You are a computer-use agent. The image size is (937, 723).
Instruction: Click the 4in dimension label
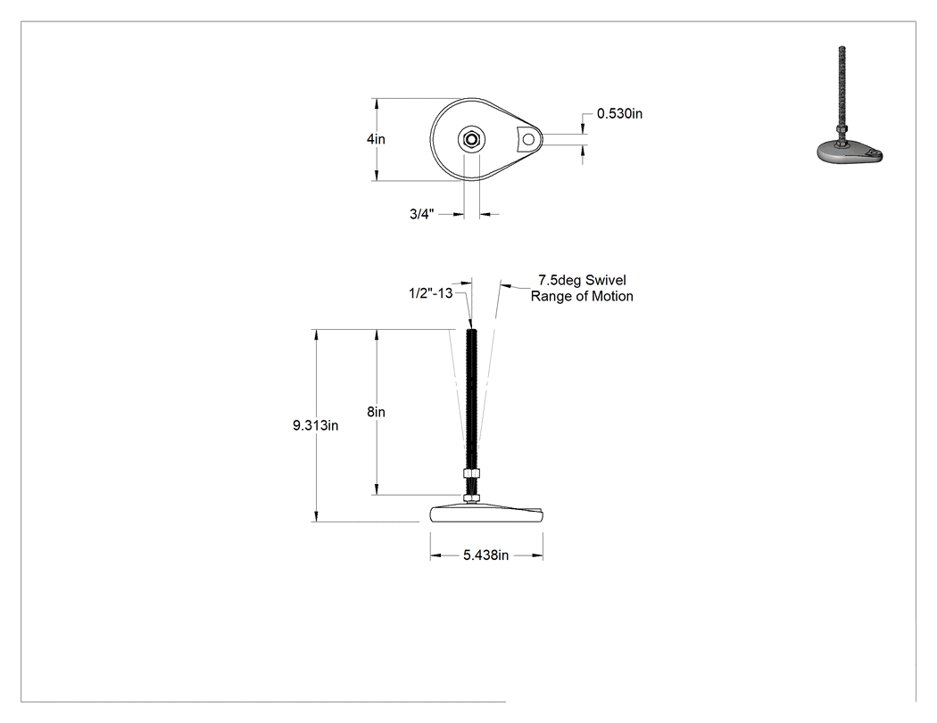pyautogui.click(x=376, y=139)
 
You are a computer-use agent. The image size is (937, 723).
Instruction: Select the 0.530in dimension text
pyautogui.click(x=619, y=113)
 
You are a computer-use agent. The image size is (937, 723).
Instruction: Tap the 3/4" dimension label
pyautogui.click(x=422, y=214)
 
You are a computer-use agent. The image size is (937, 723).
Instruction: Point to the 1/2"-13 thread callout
pyautogui.click(x=430, y=293)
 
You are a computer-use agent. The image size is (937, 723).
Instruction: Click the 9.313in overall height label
pyautogui.click(x=316, y=425)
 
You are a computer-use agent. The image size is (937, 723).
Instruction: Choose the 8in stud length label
pyautogui.click(x=376, y=412)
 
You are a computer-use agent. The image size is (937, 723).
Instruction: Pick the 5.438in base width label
pyautogui.click(x=485, y=555)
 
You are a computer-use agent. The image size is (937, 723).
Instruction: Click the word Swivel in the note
pyautogui.click(x=605, y=280)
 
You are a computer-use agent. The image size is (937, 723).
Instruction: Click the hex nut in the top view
pyautogui.click(x=471, y=140)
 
